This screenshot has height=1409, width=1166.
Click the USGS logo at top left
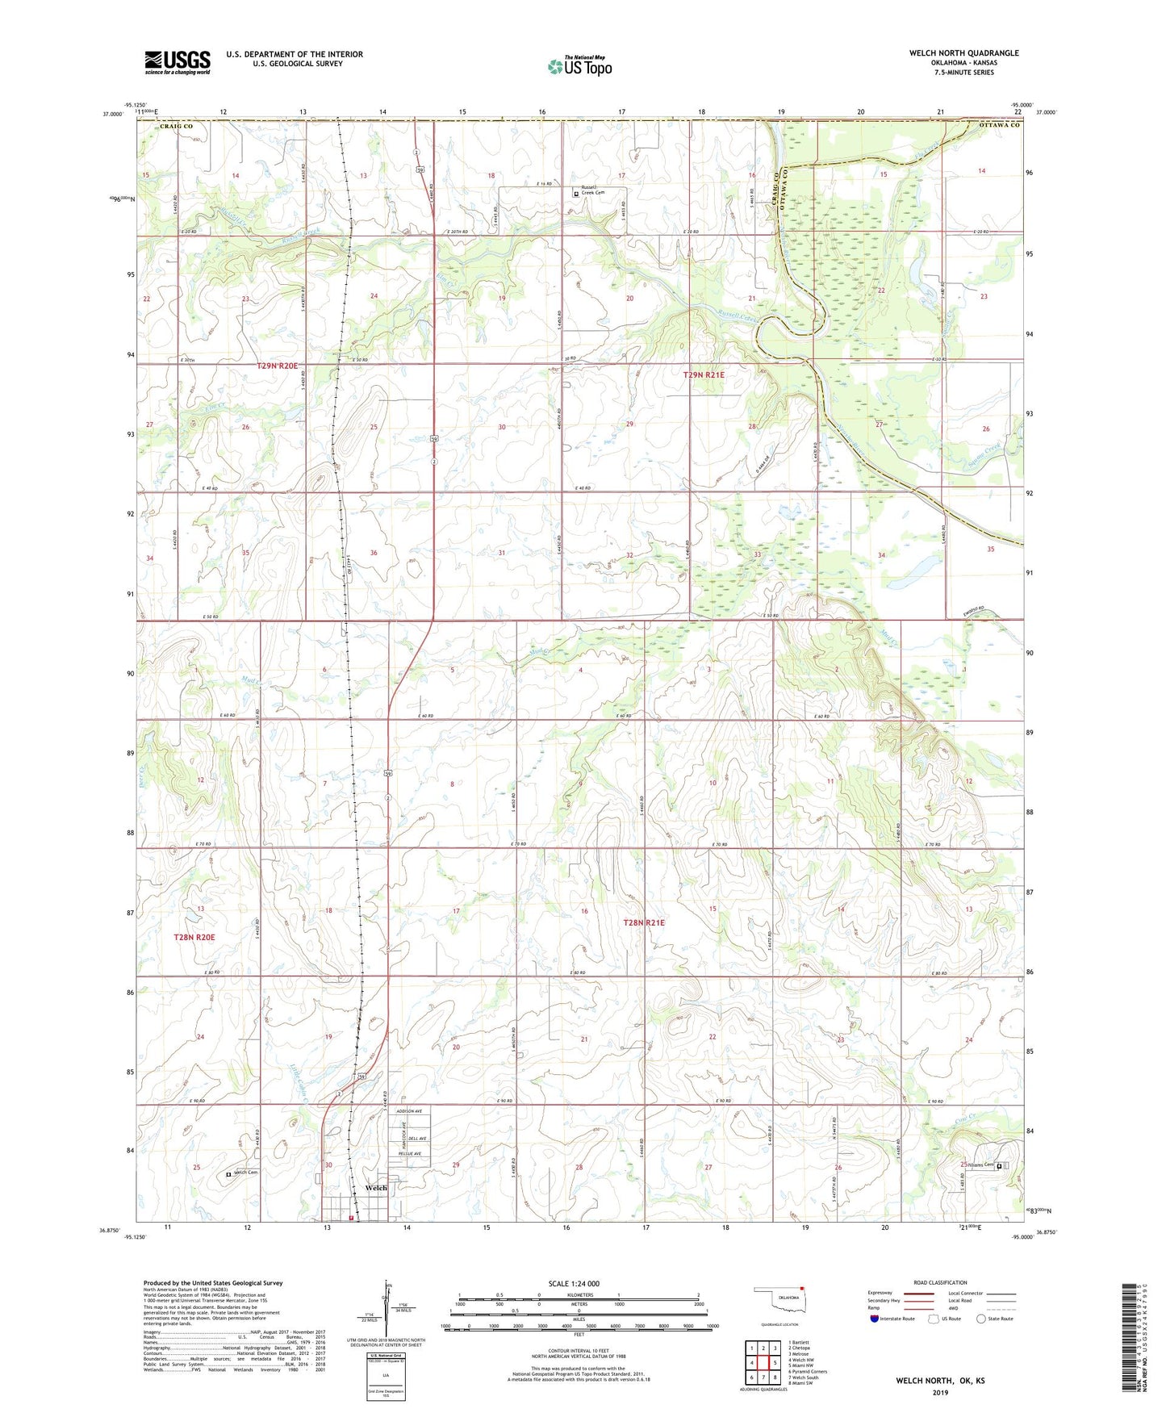178,62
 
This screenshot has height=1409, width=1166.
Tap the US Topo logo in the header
579,66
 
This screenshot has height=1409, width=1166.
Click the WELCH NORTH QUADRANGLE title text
963,53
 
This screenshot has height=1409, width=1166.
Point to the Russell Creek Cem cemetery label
596,193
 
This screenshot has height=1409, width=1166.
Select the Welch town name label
376,1188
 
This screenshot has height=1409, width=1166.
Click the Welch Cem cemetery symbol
228,1174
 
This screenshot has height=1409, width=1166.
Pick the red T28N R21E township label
644,922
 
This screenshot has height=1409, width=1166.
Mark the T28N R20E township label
194,937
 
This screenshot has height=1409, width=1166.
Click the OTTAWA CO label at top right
999,126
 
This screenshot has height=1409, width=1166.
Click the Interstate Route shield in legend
875,1319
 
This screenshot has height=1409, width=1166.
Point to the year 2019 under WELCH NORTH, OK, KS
940,1392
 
